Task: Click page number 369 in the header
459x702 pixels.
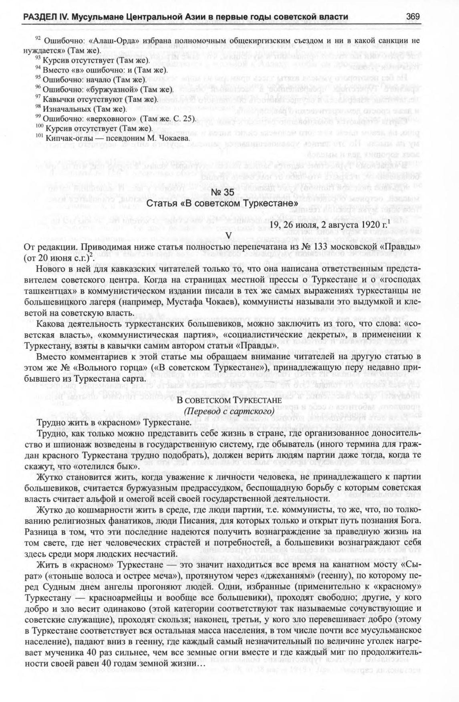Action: point(412,16)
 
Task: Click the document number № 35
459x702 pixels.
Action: point(222,193)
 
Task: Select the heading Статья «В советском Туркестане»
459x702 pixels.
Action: point(222,204)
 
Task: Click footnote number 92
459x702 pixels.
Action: point(38,39)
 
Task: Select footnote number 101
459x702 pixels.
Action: point(40,136)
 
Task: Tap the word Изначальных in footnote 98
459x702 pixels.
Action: point(67,109)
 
